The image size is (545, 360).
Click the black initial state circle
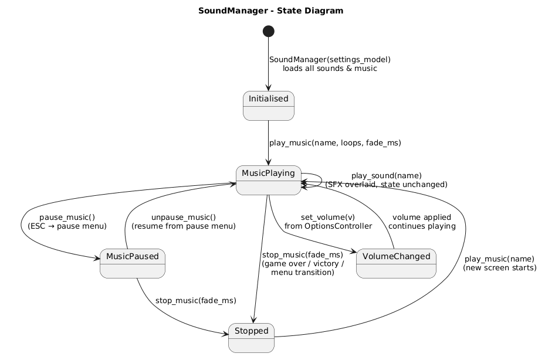coord(268,30)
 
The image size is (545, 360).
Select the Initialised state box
coord(268,106)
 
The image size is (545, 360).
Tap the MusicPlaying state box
coord(268,180)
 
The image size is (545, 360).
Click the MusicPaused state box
coord(133,263)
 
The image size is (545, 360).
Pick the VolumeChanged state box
coord(396,263)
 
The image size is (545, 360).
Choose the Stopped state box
coord(251,338)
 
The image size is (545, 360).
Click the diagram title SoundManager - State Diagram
coord(270,11)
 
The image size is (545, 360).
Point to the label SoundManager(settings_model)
coord(330,59)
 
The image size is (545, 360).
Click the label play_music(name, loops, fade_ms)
coord(335,142)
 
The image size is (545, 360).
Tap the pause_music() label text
coord(67,217)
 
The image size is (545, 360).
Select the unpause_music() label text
coord(184,217)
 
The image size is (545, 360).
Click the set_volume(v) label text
coord(328,217)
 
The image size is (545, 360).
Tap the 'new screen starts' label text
coord(499,268)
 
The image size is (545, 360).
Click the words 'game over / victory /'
coord(302,263)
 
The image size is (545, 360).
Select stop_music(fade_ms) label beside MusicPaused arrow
coord(195,301)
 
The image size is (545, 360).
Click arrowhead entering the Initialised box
coord(268,89)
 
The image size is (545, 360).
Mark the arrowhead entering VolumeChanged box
coord(354,252)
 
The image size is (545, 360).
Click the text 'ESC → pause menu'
coord(67,226)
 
